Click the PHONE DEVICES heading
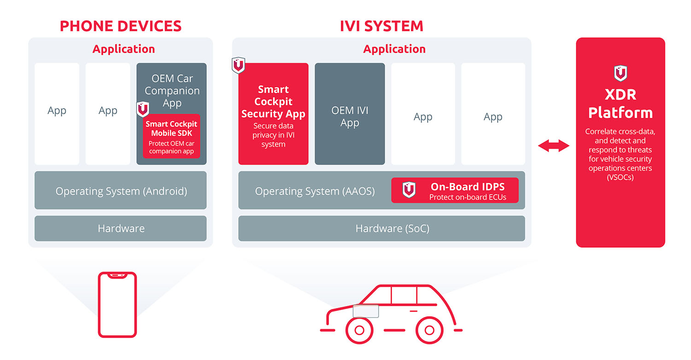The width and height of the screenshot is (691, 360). [121, 26]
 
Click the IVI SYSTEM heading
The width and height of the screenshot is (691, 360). [381, 26]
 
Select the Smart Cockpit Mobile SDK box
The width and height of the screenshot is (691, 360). [171, 136]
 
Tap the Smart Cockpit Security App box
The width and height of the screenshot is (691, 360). [273, 114]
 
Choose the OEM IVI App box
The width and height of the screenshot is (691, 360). [350, 114]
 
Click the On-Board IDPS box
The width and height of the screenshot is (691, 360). [455, 190]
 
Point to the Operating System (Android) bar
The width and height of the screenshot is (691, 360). [121, 190]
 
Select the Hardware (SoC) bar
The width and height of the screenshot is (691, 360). [381, 228]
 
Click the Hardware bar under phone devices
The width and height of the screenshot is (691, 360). [121, 228]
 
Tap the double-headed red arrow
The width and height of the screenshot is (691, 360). [554, 145]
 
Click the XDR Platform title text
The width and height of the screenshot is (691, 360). [621, 104]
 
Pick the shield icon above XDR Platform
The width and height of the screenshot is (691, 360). [621, 73]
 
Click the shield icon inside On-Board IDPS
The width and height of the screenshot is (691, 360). [409, 190]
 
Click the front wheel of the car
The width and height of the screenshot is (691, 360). [359, 330]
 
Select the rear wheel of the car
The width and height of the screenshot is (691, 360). [429, 330]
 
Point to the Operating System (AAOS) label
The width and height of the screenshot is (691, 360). [315, 191]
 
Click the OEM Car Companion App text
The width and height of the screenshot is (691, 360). [172, 91]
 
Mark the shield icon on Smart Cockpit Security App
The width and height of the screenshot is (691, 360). [239, 65]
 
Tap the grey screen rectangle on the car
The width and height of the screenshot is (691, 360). [366, 311]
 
